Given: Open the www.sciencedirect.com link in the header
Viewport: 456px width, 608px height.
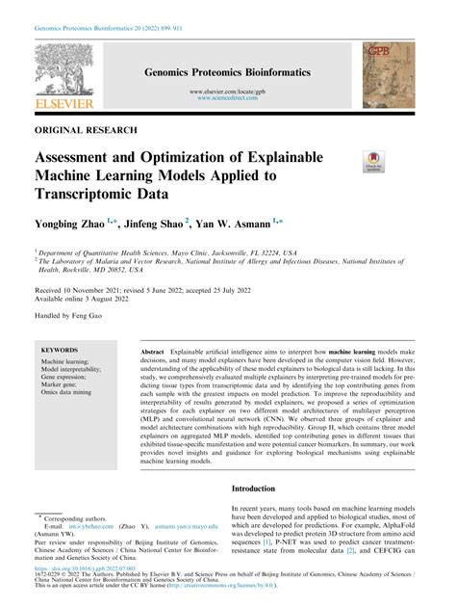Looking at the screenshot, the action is pos(227,98).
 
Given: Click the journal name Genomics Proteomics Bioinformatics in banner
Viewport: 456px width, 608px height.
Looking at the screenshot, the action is pos(227,71).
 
